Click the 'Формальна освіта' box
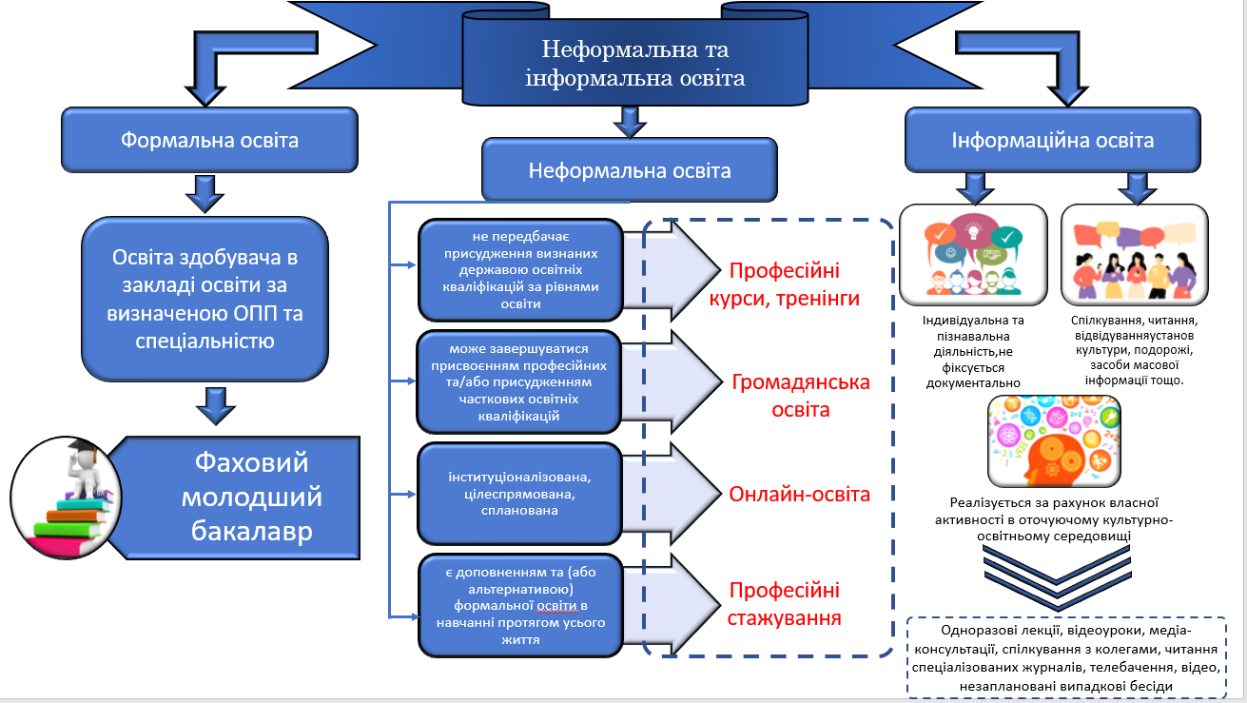click(209, 140)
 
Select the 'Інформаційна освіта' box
click(1052, 140)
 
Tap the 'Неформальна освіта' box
click(629, 170)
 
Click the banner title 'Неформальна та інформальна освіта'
click(634, 64)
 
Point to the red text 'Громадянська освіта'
click(801, 396)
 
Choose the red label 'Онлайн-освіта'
click(799, 495)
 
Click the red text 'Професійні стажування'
click(784, 604)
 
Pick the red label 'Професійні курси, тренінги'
click(784, 284)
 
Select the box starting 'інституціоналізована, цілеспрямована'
click(519, 494)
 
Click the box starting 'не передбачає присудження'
click(520, 270)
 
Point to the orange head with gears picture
click(1054, 441)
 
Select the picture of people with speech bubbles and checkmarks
click(973, 255)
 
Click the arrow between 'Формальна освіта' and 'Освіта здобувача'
click(205, 194)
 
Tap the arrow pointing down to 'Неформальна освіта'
click(630, 123)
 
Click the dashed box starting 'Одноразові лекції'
click(1066, 657)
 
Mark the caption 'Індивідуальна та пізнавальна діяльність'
click(973, 351)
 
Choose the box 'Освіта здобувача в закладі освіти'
click(205, 299)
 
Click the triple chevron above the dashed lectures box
click(1057, 577)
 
